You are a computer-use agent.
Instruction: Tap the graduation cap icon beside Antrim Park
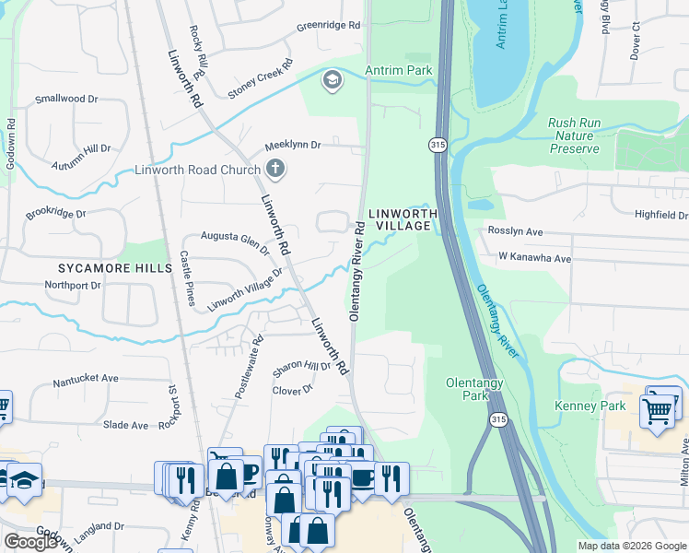coord(331,81)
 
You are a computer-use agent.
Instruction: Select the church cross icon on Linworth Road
coord(274,169)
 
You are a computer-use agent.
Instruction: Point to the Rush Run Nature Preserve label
coord(585,135)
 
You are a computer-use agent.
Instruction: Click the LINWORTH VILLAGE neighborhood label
coord(401,219)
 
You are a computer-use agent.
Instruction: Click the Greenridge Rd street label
coord(328,27)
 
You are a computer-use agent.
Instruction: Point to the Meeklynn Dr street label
coord(292,146)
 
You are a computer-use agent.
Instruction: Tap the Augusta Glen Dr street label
coord(235,241)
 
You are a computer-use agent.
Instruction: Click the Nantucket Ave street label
coord(86,378)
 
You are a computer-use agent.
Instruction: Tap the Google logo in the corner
coord(30,542)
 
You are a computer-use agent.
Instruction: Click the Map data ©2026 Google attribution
coord(631,546)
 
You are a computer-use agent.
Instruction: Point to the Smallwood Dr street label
coord(65,99)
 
